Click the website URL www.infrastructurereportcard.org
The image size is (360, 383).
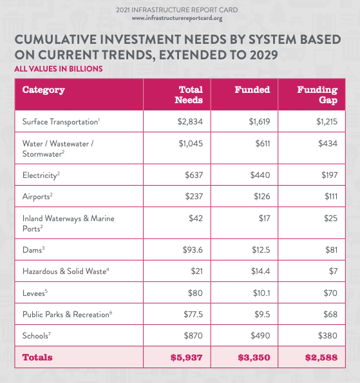(x=177, y=18)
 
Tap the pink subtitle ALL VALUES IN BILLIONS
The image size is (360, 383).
(x=59, y=69)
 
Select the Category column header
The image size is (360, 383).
(x=44, y=90)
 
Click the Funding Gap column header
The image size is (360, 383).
(x=317, y=95)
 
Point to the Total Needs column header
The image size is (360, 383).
(x=189, y=95)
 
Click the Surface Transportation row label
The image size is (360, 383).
(x=61, y=121)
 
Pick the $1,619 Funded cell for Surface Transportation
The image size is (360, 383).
(x=260, y=121)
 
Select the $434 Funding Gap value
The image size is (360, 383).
(x=328, y=143)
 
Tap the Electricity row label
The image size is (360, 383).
(x=41, y=175)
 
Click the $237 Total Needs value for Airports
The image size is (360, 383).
(x=194, y=197)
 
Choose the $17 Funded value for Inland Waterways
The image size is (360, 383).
(x=265, y=218)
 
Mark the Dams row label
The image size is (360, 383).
(x=33, y=250)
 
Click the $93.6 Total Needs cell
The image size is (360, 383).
(x=193, y=250)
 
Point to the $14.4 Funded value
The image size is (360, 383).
(x=260, y=271)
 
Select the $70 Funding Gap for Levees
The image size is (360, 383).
(x=330, y=293)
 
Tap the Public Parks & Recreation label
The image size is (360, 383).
(x=68, y=314)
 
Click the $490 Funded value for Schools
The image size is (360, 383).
(x=260, y=336)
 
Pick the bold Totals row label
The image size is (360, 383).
(x=37, y=357)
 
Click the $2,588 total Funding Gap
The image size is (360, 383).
(x=321, y=358)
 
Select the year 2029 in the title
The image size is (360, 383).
(x=264, y=55)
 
